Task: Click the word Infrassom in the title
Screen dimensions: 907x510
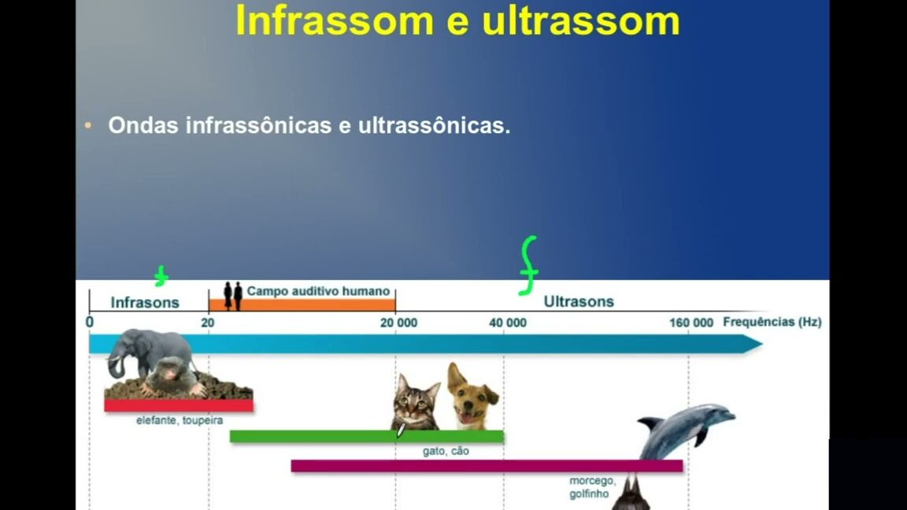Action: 335,20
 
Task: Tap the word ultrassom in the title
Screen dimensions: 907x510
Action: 581,20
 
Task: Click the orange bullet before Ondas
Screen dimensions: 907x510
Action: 88,125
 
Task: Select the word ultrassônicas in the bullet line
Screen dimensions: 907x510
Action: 434,125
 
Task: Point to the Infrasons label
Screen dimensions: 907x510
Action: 145,302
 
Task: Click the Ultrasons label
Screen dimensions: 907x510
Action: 579,301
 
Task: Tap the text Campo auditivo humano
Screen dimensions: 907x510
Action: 318,291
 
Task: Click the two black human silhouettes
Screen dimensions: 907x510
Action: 233,296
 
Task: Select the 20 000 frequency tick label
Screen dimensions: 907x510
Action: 398,323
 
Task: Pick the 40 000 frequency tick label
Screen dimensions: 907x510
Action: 508,323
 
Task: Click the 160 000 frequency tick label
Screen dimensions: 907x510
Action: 691,323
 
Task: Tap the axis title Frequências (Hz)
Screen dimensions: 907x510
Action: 772,322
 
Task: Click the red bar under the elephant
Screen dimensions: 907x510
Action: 179,405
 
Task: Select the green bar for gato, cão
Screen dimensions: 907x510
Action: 367,437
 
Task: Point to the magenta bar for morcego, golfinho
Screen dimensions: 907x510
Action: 487,466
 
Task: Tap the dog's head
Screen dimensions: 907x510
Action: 472,394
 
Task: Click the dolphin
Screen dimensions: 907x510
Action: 686,429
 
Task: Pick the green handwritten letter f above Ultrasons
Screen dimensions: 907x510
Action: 529,265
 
